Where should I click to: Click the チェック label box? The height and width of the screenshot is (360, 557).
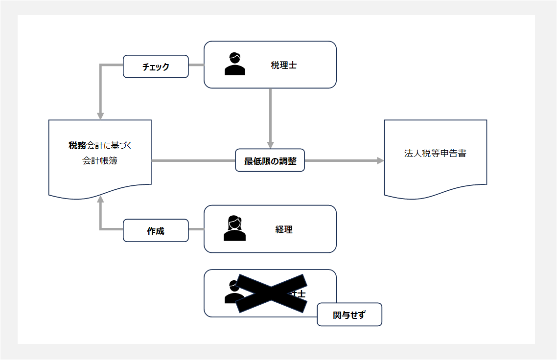156,67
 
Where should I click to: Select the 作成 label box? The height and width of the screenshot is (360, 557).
156,231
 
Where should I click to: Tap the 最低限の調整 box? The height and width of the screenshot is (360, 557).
270,160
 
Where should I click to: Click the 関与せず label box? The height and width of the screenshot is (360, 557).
349,315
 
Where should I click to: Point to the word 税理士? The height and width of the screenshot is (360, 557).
284,65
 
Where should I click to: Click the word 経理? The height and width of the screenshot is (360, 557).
284,229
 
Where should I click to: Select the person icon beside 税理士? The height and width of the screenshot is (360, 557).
234,64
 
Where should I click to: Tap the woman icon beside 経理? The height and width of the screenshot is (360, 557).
234,228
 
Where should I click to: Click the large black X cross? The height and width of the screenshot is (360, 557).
271,293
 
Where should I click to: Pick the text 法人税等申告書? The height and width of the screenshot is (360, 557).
435,153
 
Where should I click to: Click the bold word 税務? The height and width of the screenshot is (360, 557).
77,145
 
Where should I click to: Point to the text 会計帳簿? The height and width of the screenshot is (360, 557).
100,160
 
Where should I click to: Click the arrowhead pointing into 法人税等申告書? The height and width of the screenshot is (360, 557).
380,160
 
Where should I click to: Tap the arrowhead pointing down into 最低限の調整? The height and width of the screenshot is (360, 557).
270,145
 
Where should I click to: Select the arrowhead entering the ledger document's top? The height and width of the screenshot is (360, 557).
100,116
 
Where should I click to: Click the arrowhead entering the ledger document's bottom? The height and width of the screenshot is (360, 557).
100,199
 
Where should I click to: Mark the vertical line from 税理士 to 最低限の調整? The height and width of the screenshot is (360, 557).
270,115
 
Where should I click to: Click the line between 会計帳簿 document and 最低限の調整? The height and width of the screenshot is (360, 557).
193,160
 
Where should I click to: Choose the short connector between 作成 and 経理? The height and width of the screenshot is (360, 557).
196,229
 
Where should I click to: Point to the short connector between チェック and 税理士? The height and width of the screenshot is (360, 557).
196,65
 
